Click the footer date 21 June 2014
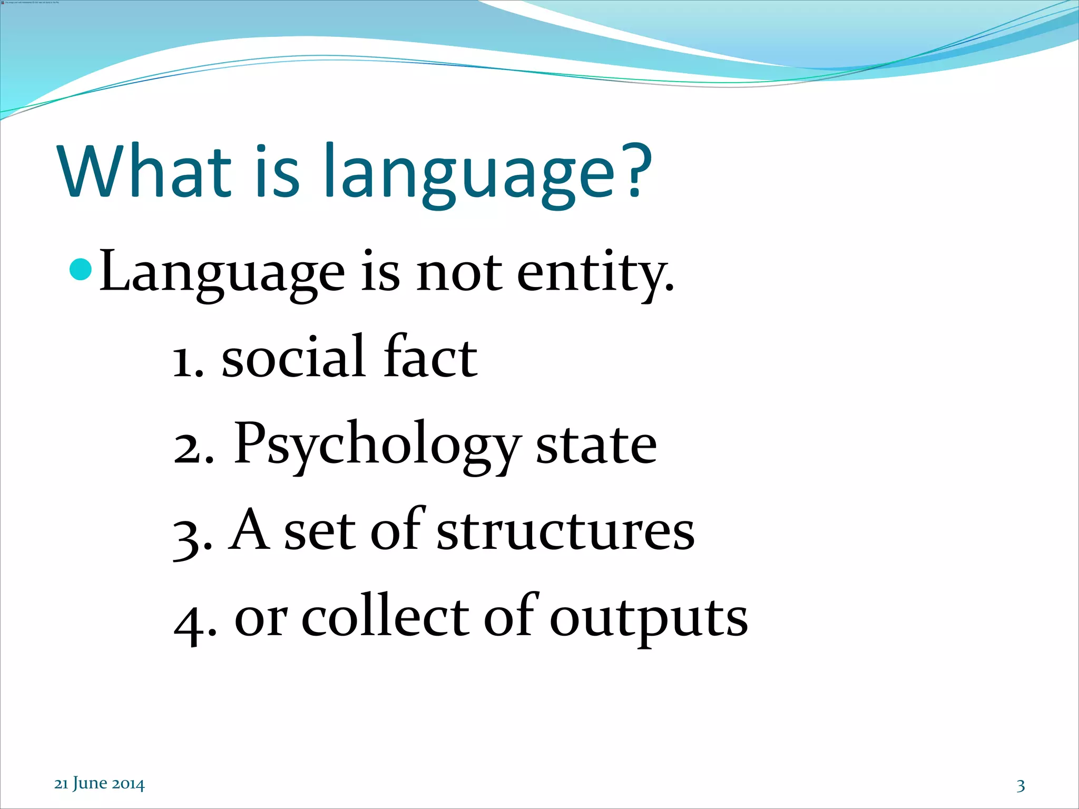(x=99, y=784)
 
